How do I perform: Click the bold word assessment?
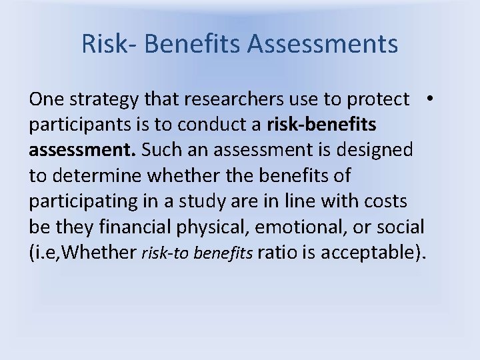point(82,151)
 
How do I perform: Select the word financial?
point(127,227)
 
